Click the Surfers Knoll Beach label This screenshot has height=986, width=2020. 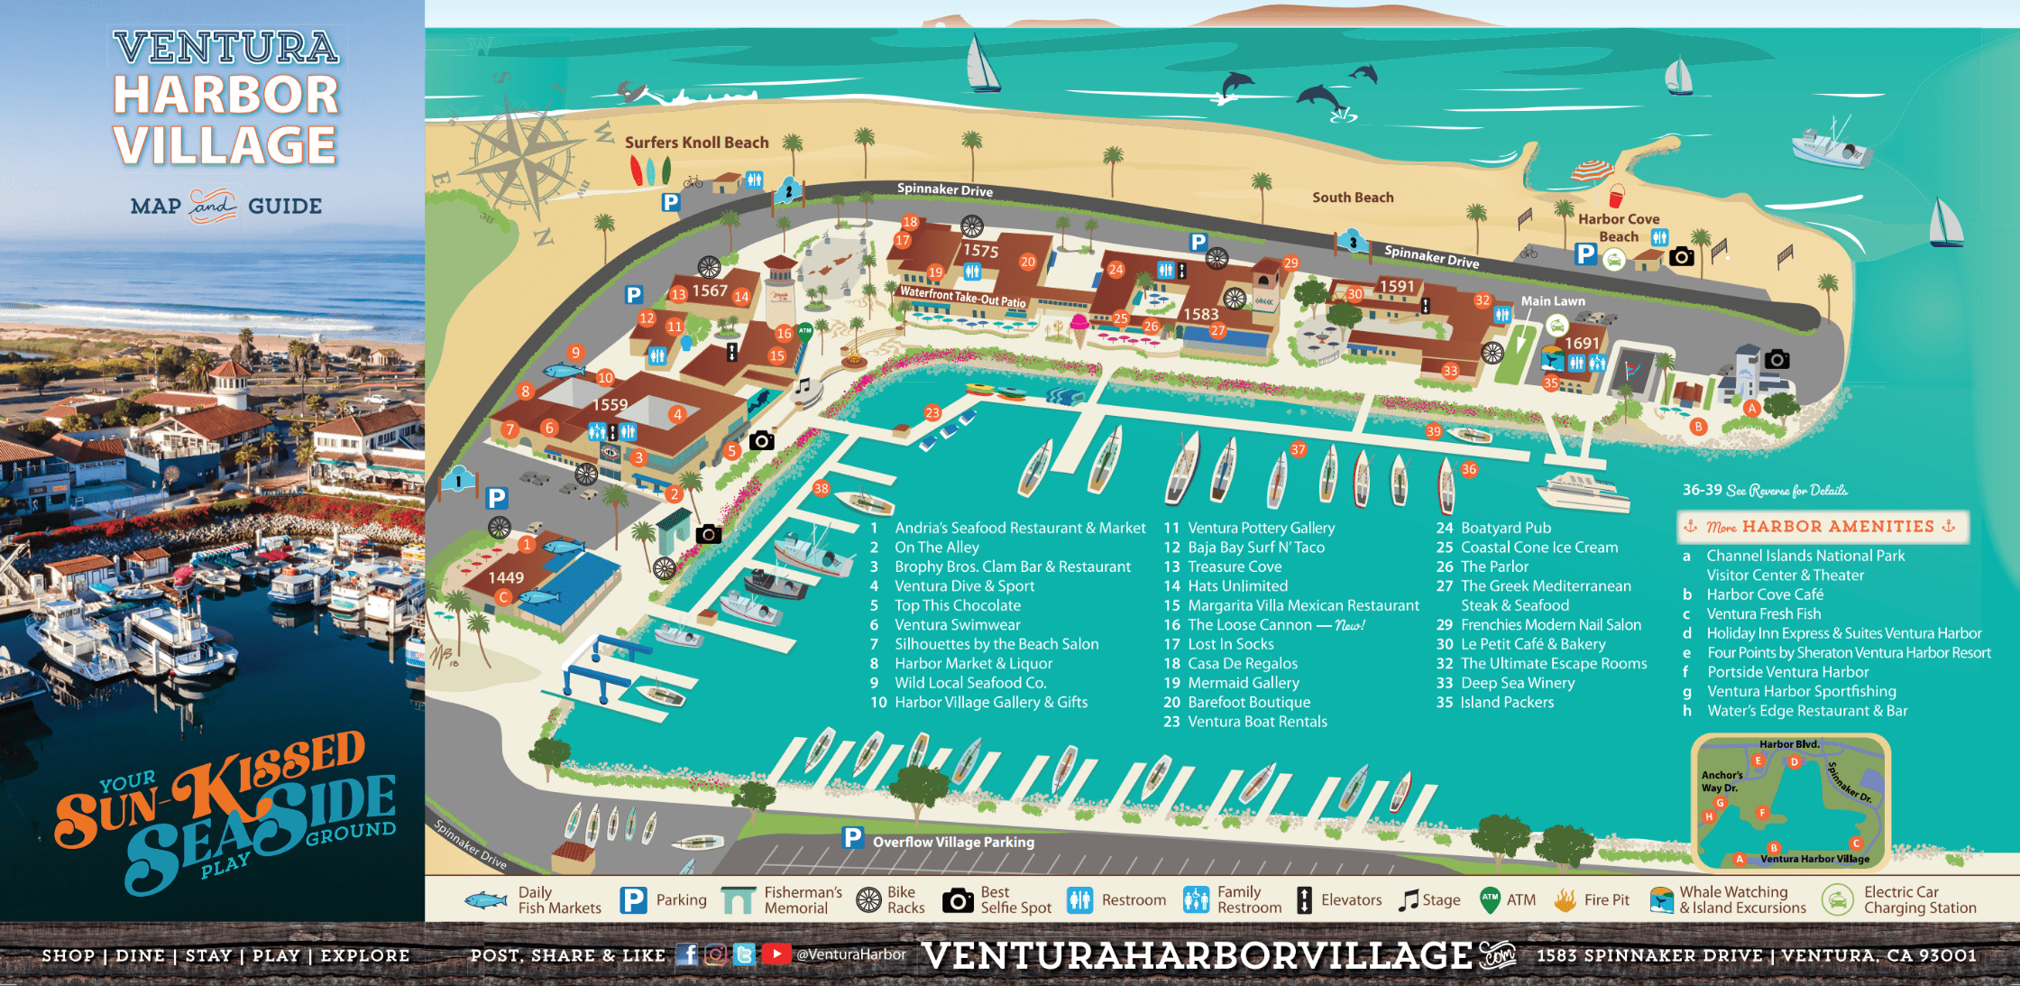[x=696, y=143]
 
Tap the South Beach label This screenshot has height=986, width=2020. [x=1353, y=198]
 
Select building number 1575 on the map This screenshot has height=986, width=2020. [x=981, y=251]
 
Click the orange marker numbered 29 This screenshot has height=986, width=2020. [x=1290, y=263]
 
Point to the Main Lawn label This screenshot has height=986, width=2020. [x=1552, y=301]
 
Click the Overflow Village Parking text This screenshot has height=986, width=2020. [x=953, y=842]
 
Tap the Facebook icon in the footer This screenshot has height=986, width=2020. [x=686, y=954]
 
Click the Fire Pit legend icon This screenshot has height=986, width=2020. [x=1565, y=899]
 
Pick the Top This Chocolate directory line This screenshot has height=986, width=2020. [x=957, y=605]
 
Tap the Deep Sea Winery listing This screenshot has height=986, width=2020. [x=1517, y=683]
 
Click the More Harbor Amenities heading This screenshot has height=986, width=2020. [x=1823, y=527]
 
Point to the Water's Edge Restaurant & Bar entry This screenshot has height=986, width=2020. [x=1806, y=711]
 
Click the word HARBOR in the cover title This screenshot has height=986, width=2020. [x=226, y=96]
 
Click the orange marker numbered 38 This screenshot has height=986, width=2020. [x=821, y=489]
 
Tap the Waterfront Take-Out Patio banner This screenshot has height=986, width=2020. [x=962, y=297]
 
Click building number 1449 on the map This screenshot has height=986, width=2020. [x=506, y=577]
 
